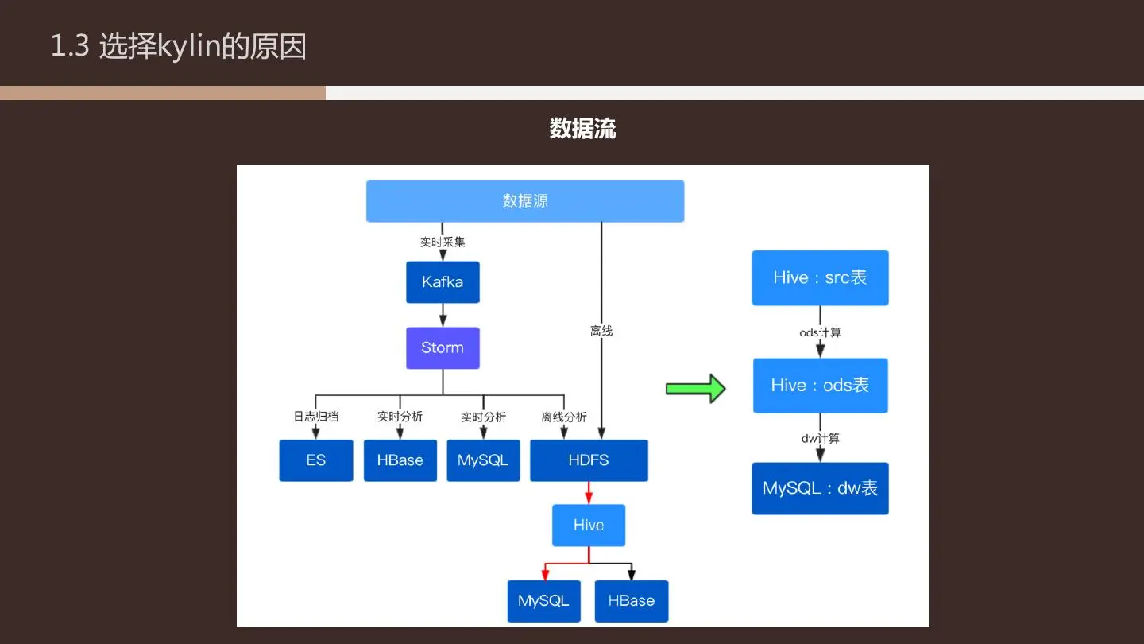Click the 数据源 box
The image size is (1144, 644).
tap(525, 201)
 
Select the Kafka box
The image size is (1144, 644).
tap(443, 282)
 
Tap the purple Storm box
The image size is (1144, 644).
tap(443, 348)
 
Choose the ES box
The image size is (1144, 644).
tap(316, 460)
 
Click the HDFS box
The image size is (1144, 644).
tap(589, 460)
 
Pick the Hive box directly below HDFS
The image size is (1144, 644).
tap(589, 525)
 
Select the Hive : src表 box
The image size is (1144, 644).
tap(820, 277)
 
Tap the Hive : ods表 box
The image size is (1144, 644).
tap(820, 386)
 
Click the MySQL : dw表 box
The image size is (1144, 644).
tap(820, 488)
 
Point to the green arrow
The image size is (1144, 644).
tap(696, 389)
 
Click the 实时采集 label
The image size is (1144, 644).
tap(443, 242)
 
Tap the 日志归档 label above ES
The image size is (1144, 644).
tap(316, 417)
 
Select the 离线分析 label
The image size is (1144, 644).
tap(564, 417)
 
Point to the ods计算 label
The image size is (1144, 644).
tap(820, 332)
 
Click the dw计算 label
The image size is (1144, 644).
tap(820, 439)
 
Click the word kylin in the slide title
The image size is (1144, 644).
tap(189, 46)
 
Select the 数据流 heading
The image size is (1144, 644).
tap(583, 128)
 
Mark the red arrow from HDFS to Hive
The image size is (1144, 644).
tap(589, 493)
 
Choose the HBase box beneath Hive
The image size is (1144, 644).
tap(632, 601)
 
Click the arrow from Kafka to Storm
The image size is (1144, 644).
tap(443, 315)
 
